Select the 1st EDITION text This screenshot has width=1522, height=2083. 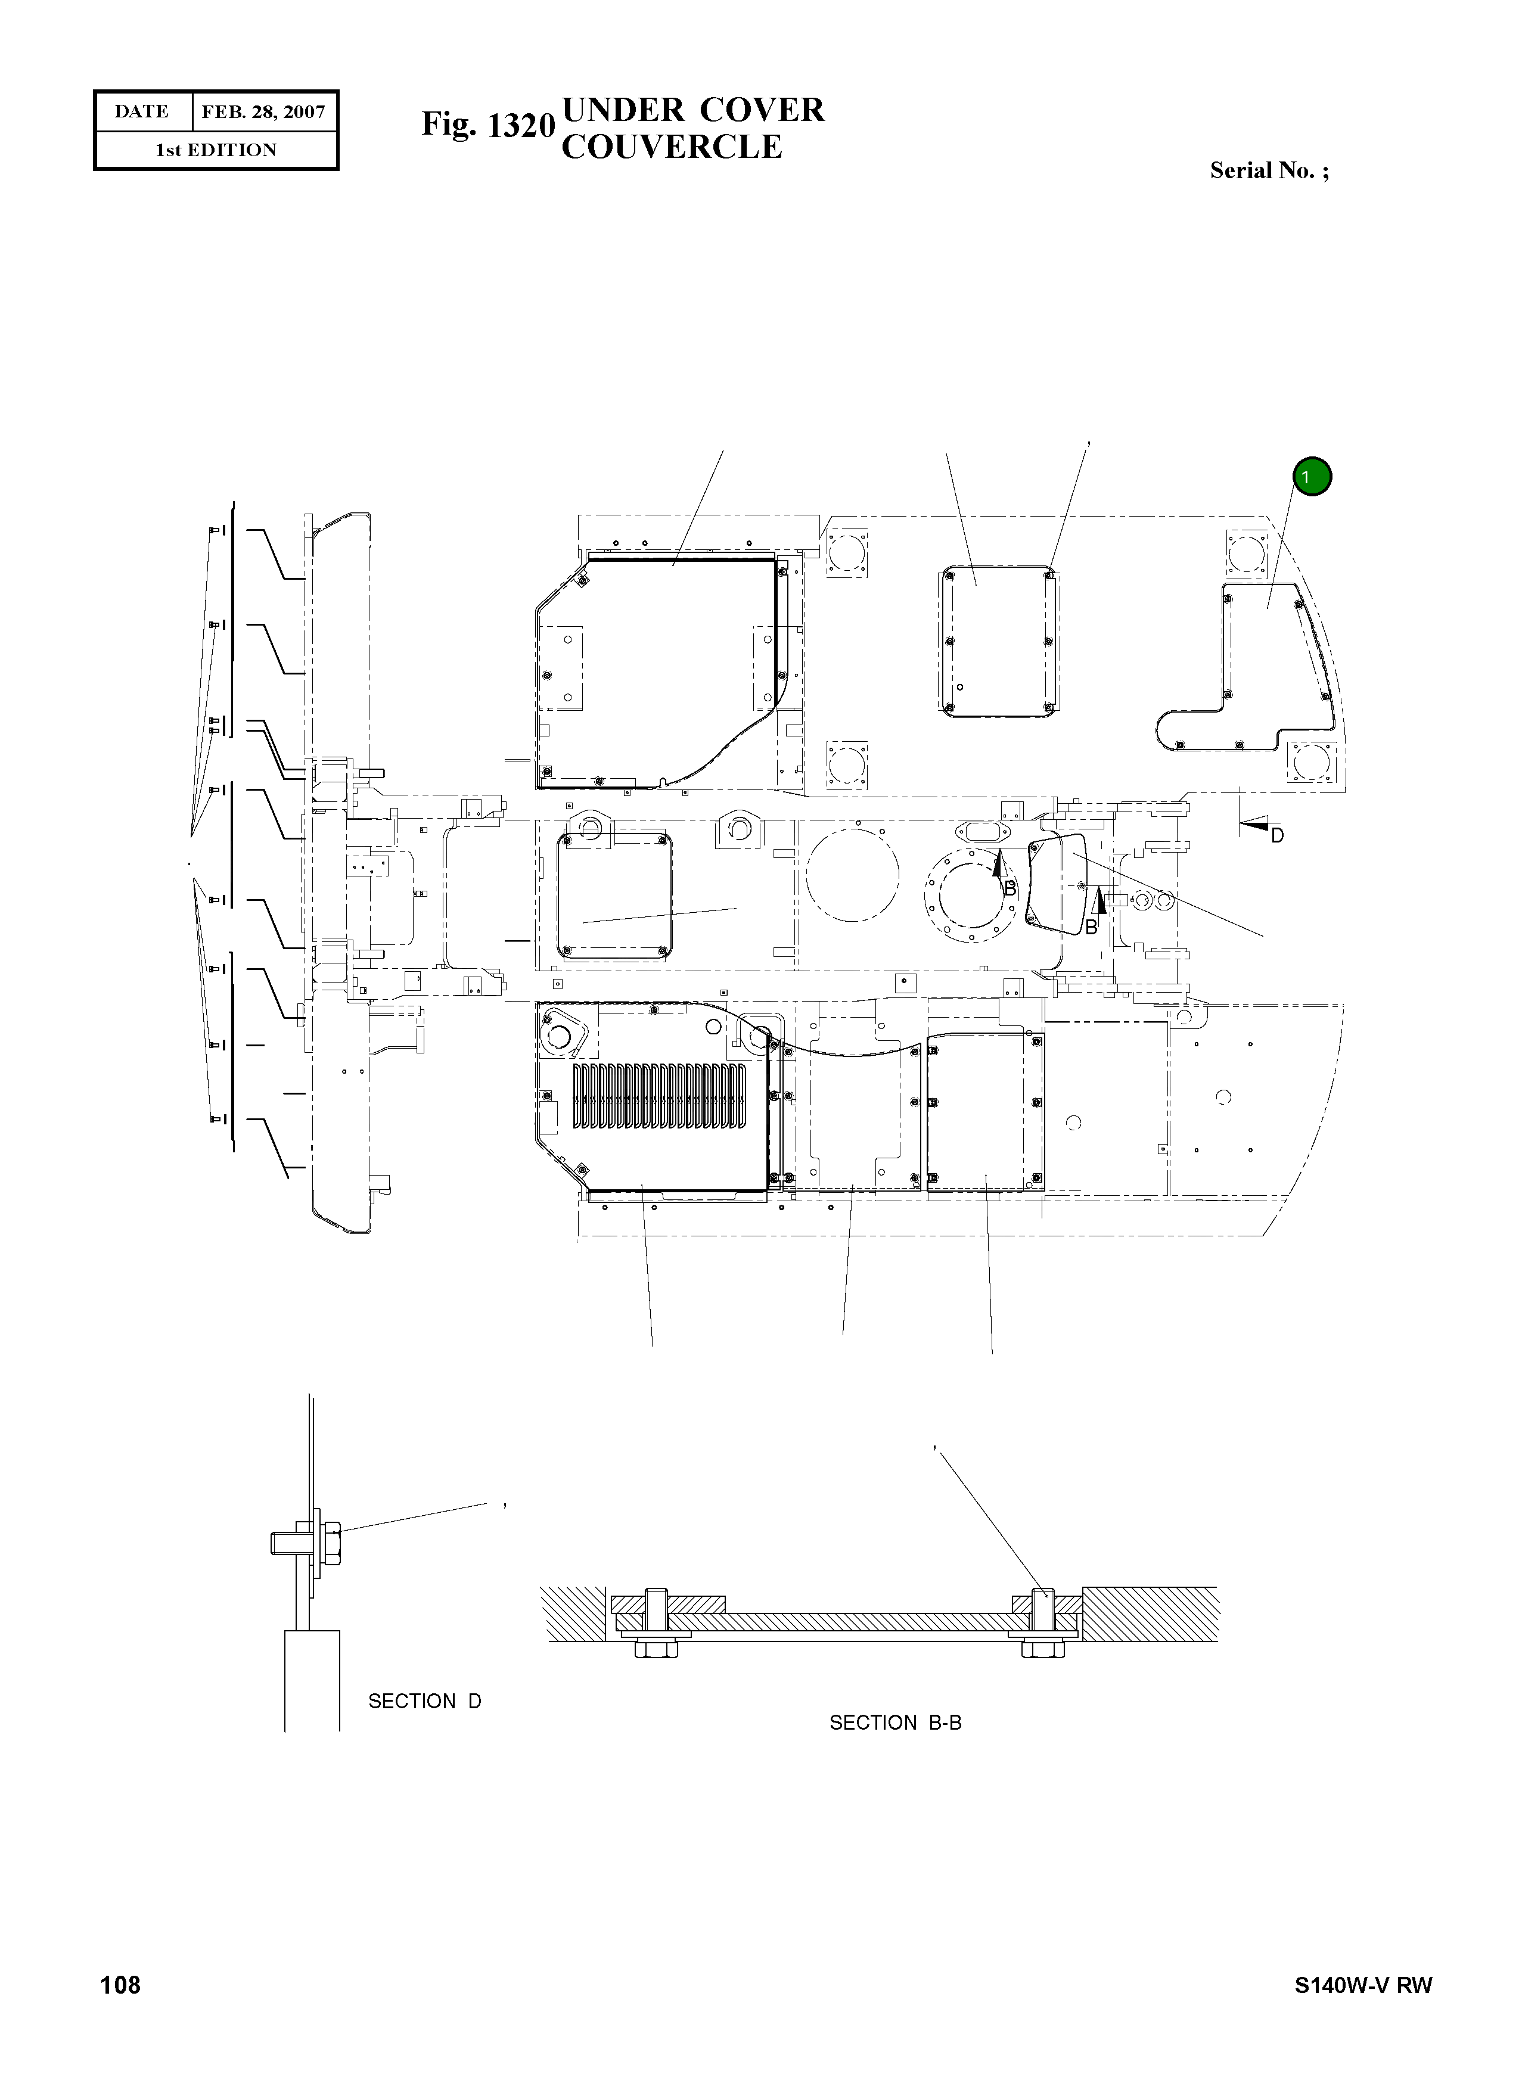click(216, 150)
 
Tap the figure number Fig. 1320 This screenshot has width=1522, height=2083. click(488, 125)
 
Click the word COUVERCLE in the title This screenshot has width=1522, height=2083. click(672, 147)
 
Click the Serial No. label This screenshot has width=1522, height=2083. click(1269, 170)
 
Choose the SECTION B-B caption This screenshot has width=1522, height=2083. click(894, 1722)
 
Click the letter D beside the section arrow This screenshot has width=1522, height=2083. click(1277, 835)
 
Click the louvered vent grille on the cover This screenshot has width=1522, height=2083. click(660, 1096)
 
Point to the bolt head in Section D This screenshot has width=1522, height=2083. click(333, 1543)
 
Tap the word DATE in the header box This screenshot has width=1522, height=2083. click(142, 111)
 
